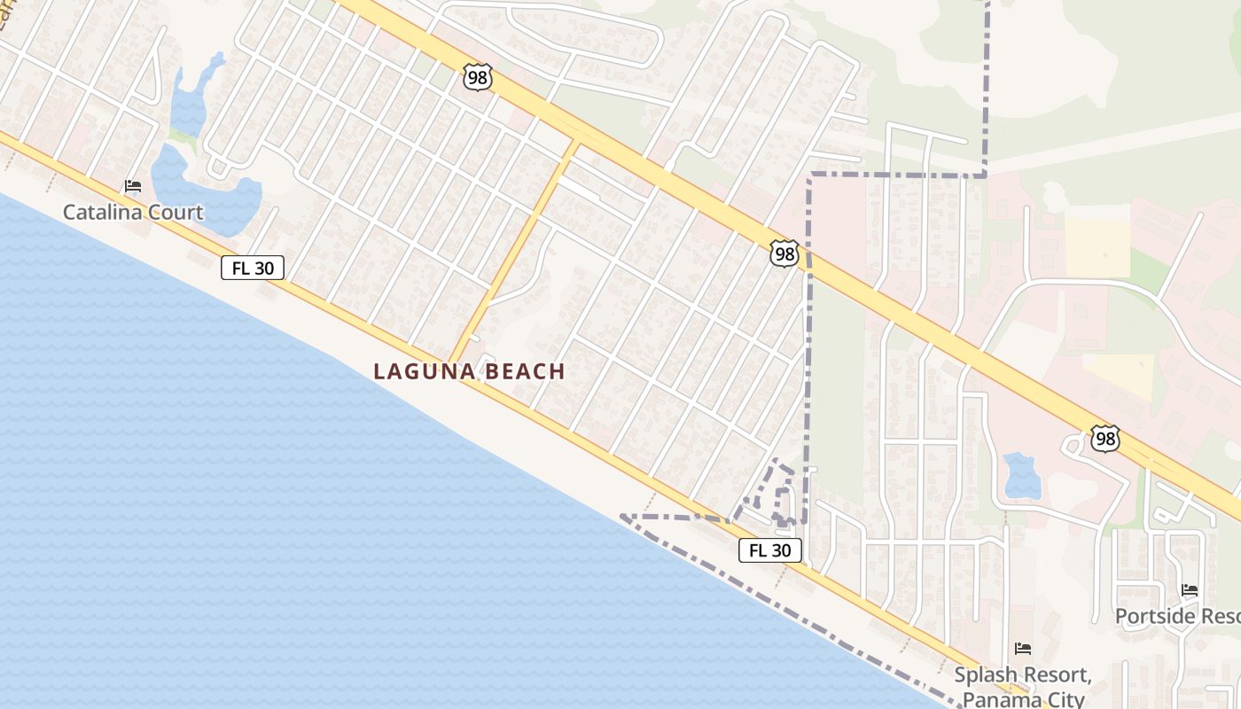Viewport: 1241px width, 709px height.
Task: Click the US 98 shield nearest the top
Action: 477,76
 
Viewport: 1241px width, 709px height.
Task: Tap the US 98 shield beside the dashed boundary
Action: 784,254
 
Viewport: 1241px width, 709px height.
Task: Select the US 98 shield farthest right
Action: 1105,438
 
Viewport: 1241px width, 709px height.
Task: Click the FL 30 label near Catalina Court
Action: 253,268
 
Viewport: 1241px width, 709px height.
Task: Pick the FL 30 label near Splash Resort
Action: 769,550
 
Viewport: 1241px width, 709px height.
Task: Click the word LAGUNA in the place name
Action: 420,371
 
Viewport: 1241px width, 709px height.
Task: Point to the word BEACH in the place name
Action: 523,371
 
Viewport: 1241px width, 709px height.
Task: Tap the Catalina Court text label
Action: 133,213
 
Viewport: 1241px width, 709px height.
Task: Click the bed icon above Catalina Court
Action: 133,186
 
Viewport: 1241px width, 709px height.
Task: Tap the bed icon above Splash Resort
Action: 1023,649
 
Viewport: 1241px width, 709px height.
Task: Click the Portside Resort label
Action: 1177,616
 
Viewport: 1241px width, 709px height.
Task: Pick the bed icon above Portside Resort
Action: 1190,590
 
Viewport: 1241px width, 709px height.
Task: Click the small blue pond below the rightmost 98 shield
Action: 1022,476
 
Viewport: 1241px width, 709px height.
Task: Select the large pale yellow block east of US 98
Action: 1097,247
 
